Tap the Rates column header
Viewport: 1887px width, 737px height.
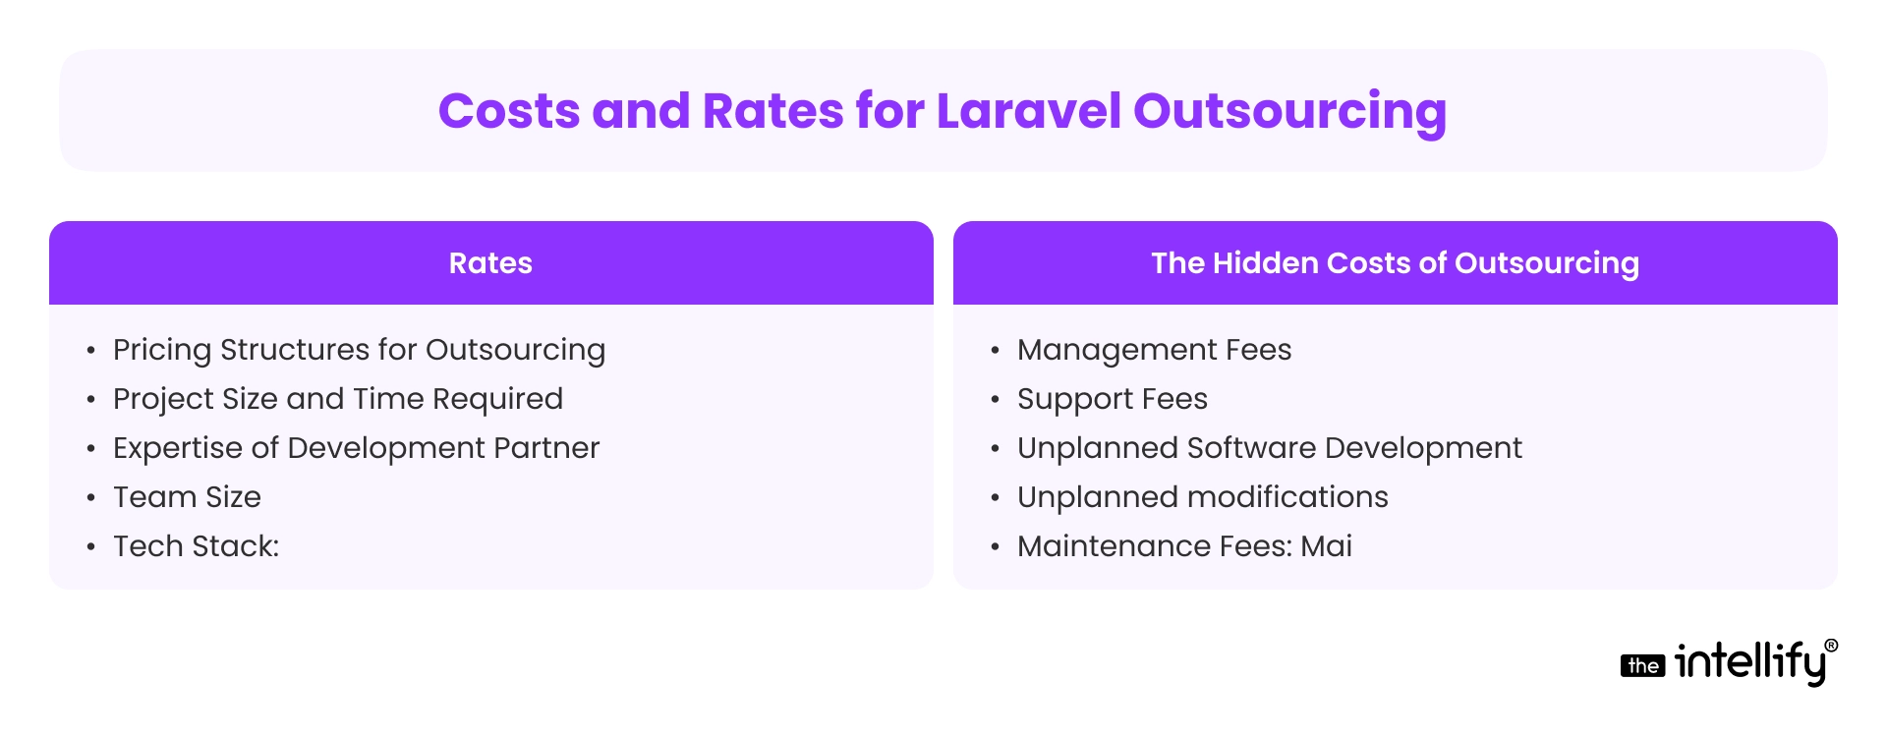coord(490,263)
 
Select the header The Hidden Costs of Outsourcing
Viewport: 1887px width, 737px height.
coord(1395,263)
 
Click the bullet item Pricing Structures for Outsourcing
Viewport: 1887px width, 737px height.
coord(359,350)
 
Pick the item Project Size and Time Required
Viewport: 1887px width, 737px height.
coord(337,399)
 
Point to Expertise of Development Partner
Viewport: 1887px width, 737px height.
coord(356,448)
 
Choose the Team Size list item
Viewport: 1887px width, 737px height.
coord(187,497)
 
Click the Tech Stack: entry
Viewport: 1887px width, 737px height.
coord(196,546)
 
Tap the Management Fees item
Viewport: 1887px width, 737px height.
coord(1154,350)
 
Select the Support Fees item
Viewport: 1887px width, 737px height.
coord(1112,399)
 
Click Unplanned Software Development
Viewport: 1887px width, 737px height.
coord(1269,448)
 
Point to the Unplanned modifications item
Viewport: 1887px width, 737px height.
coord(1202,497)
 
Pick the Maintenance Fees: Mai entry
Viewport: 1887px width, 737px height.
coord(1184,546)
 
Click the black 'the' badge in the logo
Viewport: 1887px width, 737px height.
coord(1642,666)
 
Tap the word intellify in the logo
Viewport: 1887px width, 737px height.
coord(1749,662)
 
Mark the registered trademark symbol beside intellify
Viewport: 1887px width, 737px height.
coord(1831,646)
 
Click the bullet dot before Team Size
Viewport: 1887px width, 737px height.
coord(91,498)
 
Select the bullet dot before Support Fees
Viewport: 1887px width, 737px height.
coord(996,400)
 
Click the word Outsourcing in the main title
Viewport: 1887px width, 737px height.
coord(1289,110)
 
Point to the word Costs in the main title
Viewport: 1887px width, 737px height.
coord(509,110)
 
